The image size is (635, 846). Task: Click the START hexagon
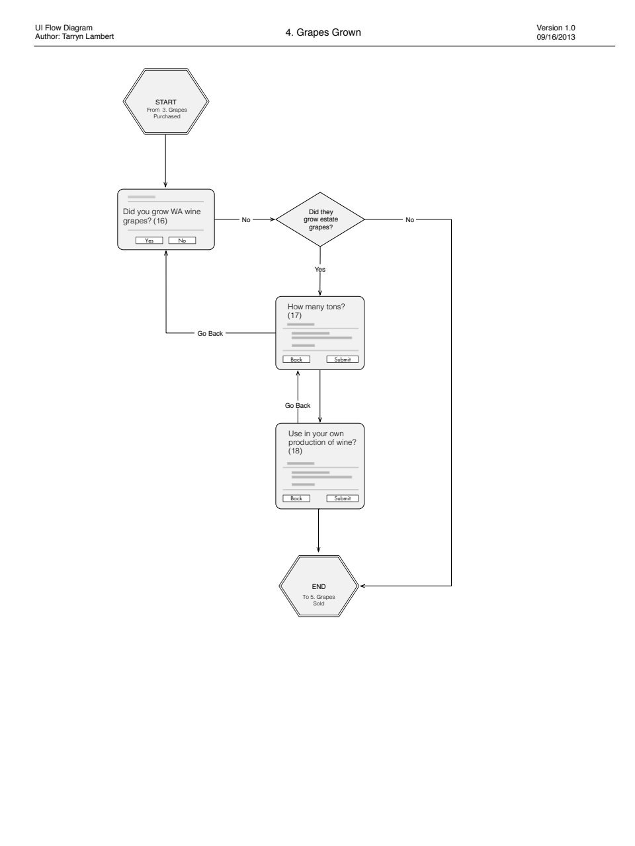coord(166,101)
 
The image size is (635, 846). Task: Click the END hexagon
coord(319,586)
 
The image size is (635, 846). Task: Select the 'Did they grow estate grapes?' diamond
coord(320,219)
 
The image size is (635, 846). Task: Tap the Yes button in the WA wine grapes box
coord(149,241)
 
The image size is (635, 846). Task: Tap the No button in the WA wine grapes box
coord(182,241)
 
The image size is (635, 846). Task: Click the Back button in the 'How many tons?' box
coord(296,359)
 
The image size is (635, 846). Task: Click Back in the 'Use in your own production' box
coord(296,498)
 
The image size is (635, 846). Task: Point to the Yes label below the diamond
coord(320,270)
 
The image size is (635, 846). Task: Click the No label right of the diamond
coord(410,219)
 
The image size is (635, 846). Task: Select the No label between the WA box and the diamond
coord(246,219)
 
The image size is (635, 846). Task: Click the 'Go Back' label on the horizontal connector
coord(210,333)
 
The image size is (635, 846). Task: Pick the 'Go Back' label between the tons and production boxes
coord(298,405)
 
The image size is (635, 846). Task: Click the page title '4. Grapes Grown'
coord(323,32)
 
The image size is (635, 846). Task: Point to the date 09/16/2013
coord(556,38)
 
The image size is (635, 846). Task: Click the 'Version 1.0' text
coord(556,28)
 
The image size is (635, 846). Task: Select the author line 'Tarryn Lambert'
coord(88,36)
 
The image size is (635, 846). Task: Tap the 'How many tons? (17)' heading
coord(316,311)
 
